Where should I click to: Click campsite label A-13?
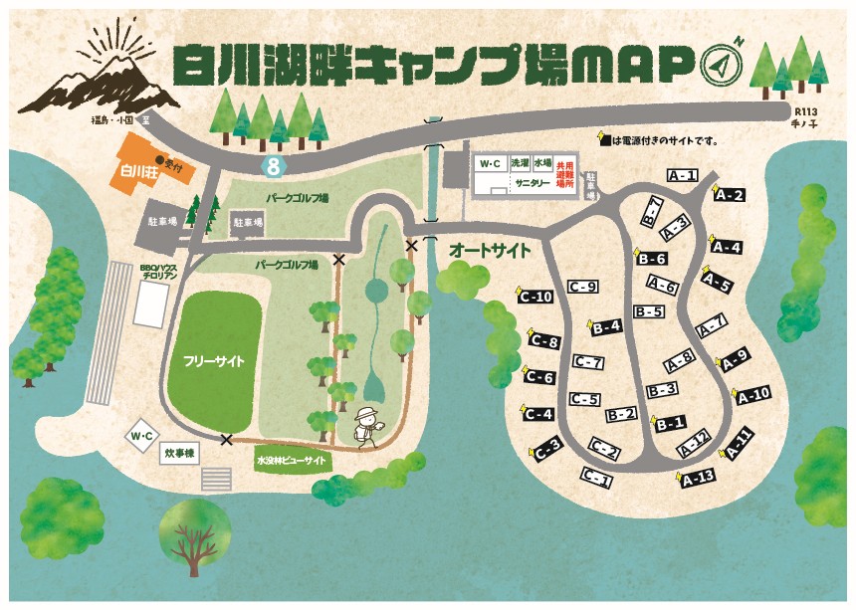tap(699, 477)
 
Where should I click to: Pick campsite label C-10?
tap(535, 297)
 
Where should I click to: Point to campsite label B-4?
tap(605, 325)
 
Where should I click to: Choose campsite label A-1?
tap(682, 176)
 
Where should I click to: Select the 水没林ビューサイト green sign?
tap(291, 462)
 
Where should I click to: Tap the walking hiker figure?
tap(367, 426)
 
